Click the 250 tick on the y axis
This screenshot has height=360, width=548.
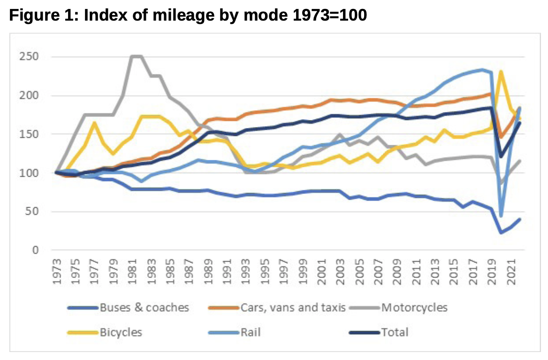coord(29,57)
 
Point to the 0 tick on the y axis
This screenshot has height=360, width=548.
coord(34,250)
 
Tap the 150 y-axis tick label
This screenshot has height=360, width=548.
coord(29,135)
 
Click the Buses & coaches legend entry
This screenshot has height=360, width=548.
coord(144,307)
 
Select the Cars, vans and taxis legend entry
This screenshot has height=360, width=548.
coord(293,307)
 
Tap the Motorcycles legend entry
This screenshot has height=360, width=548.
coord(414,307)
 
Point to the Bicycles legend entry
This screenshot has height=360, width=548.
coord(121,332)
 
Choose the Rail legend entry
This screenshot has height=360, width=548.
coord(250,332)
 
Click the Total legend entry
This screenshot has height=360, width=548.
coord(395,332)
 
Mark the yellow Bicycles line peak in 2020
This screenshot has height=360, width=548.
coord(501,72)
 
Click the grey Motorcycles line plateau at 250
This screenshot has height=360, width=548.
coord(137,57)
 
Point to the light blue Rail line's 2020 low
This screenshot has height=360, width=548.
coord(501,216)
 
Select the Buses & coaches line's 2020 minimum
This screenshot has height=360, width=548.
coord(501,232)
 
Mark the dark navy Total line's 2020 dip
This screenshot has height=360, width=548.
coord(501,156)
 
